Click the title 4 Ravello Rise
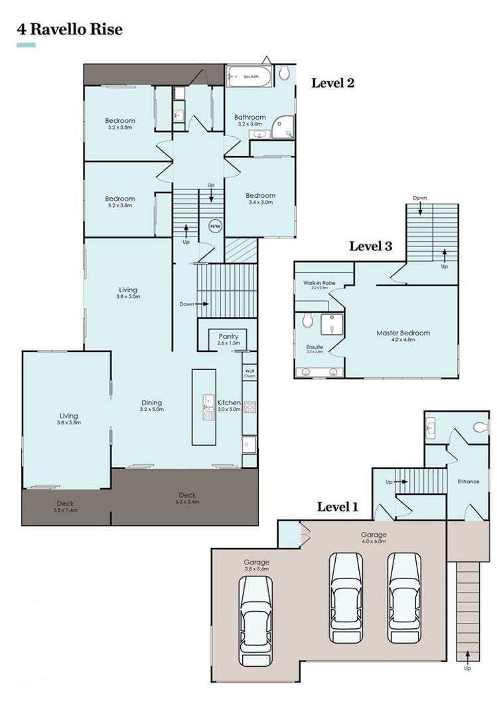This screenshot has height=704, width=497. [69, 30]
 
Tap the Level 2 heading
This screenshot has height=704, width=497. [333, 83]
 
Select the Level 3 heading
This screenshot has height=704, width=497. [371, 246]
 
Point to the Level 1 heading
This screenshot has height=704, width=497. [337, 507]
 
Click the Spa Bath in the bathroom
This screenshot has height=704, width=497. [249, 78]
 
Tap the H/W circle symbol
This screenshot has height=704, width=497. [215, 226]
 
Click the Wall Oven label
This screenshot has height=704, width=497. [249, 373]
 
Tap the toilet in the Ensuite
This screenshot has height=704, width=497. [307, 321]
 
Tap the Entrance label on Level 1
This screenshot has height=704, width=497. [468, 482]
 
